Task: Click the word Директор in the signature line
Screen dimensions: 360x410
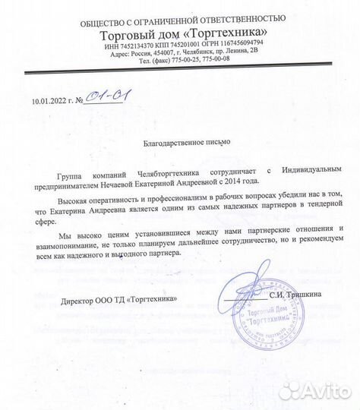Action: tap(79, 300)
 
